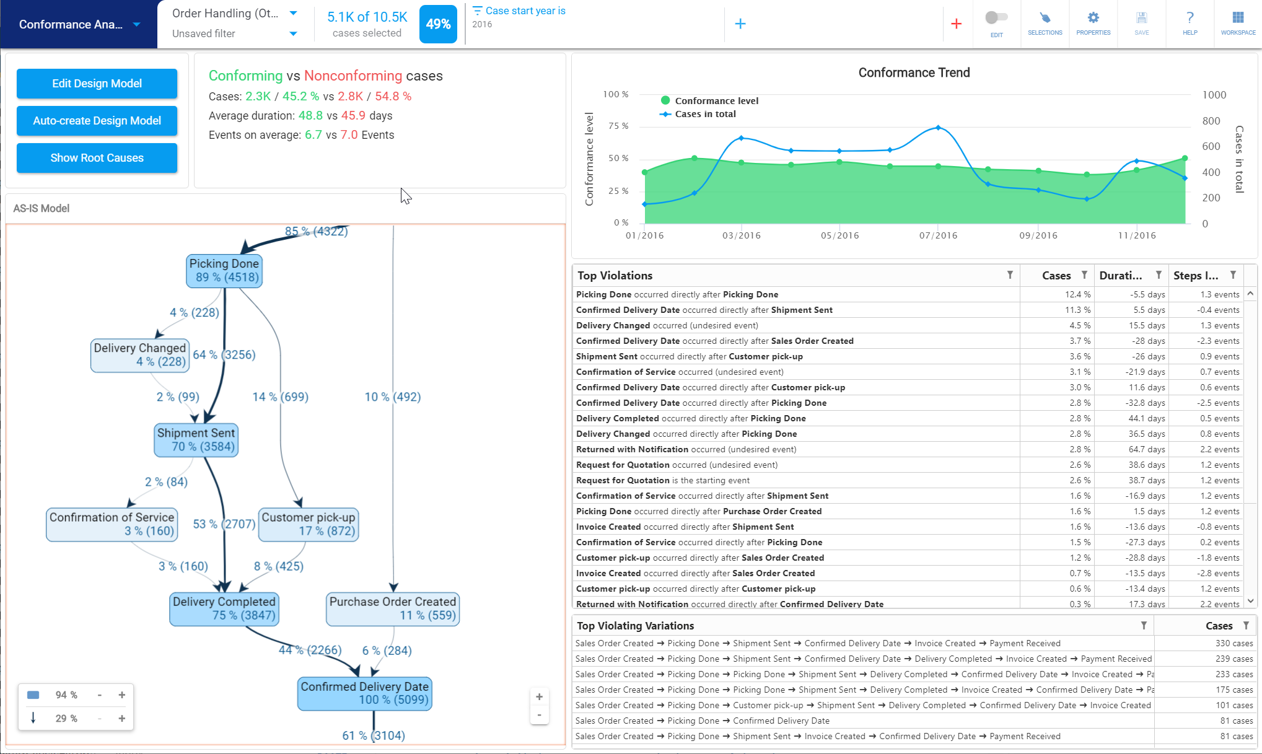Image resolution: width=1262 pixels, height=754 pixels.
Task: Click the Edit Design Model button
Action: tap(97, 84)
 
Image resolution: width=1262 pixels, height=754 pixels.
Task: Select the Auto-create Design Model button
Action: tap(97, 121)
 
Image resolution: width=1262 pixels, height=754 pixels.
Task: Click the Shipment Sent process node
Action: tap(196, 440)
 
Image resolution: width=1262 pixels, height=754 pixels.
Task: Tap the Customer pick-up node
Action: tap(308, 524)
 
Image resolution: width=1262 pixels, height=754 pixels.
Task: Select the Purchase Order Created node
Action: tap(393, 608)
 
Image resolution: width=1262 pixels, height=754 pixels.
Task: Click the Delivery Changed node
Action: tap(140, 355)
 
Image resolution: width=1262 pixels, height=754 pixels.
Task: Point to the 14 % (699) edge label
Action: tap(280, 397)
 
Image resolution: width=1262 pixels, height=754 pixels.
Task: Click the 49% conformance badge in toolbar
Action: tap(438, 24)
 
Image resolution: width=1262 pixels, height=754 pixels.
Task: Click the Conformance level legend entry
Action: tap(716, 100)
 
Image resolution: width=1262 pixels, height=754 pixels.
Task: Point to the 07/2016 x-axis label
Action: tap(938, 235)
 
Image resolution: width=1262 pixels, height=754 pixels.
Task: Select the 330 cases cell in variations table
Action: tap(1234, 644)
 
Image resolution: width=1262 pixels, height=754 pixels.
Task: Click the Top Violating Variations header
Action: tap(635, 626)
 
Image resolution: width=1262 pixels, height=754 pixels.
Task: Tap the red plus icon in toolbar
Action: tap(956, 24)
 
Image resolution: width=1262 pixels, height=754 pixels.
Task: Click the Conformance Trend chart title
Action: tap(914, 72)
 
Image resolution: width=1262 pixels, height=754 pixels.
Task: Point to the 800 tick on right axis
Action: tap(1211, 121)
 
